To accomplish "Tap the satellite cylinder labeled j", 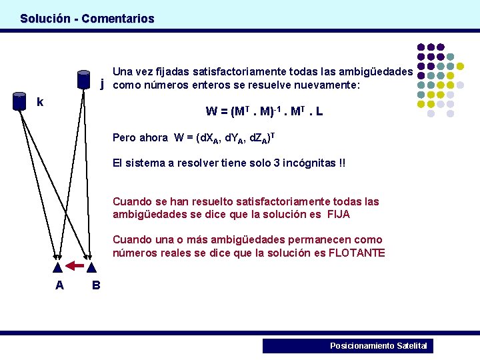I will (x=83, y=79).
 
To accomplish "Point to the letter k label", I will (x=41, y=102).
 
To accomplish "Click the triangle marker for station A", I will (x=58, y=267).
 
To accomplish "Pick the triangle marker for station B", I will (x=92, y=267).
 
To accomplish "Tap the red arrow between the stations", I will (x=75, y=267).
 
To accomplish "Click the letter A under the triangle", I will (x=59, y=285).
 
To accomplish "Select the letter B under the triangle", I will (x=96, y=285).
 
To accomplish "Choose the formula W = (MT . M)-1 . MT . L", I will (x=265, y=111).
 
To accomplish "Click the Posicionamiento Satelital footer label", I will (x=379, y=345).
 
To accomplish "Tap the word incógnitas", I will (x=310, y=163).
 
